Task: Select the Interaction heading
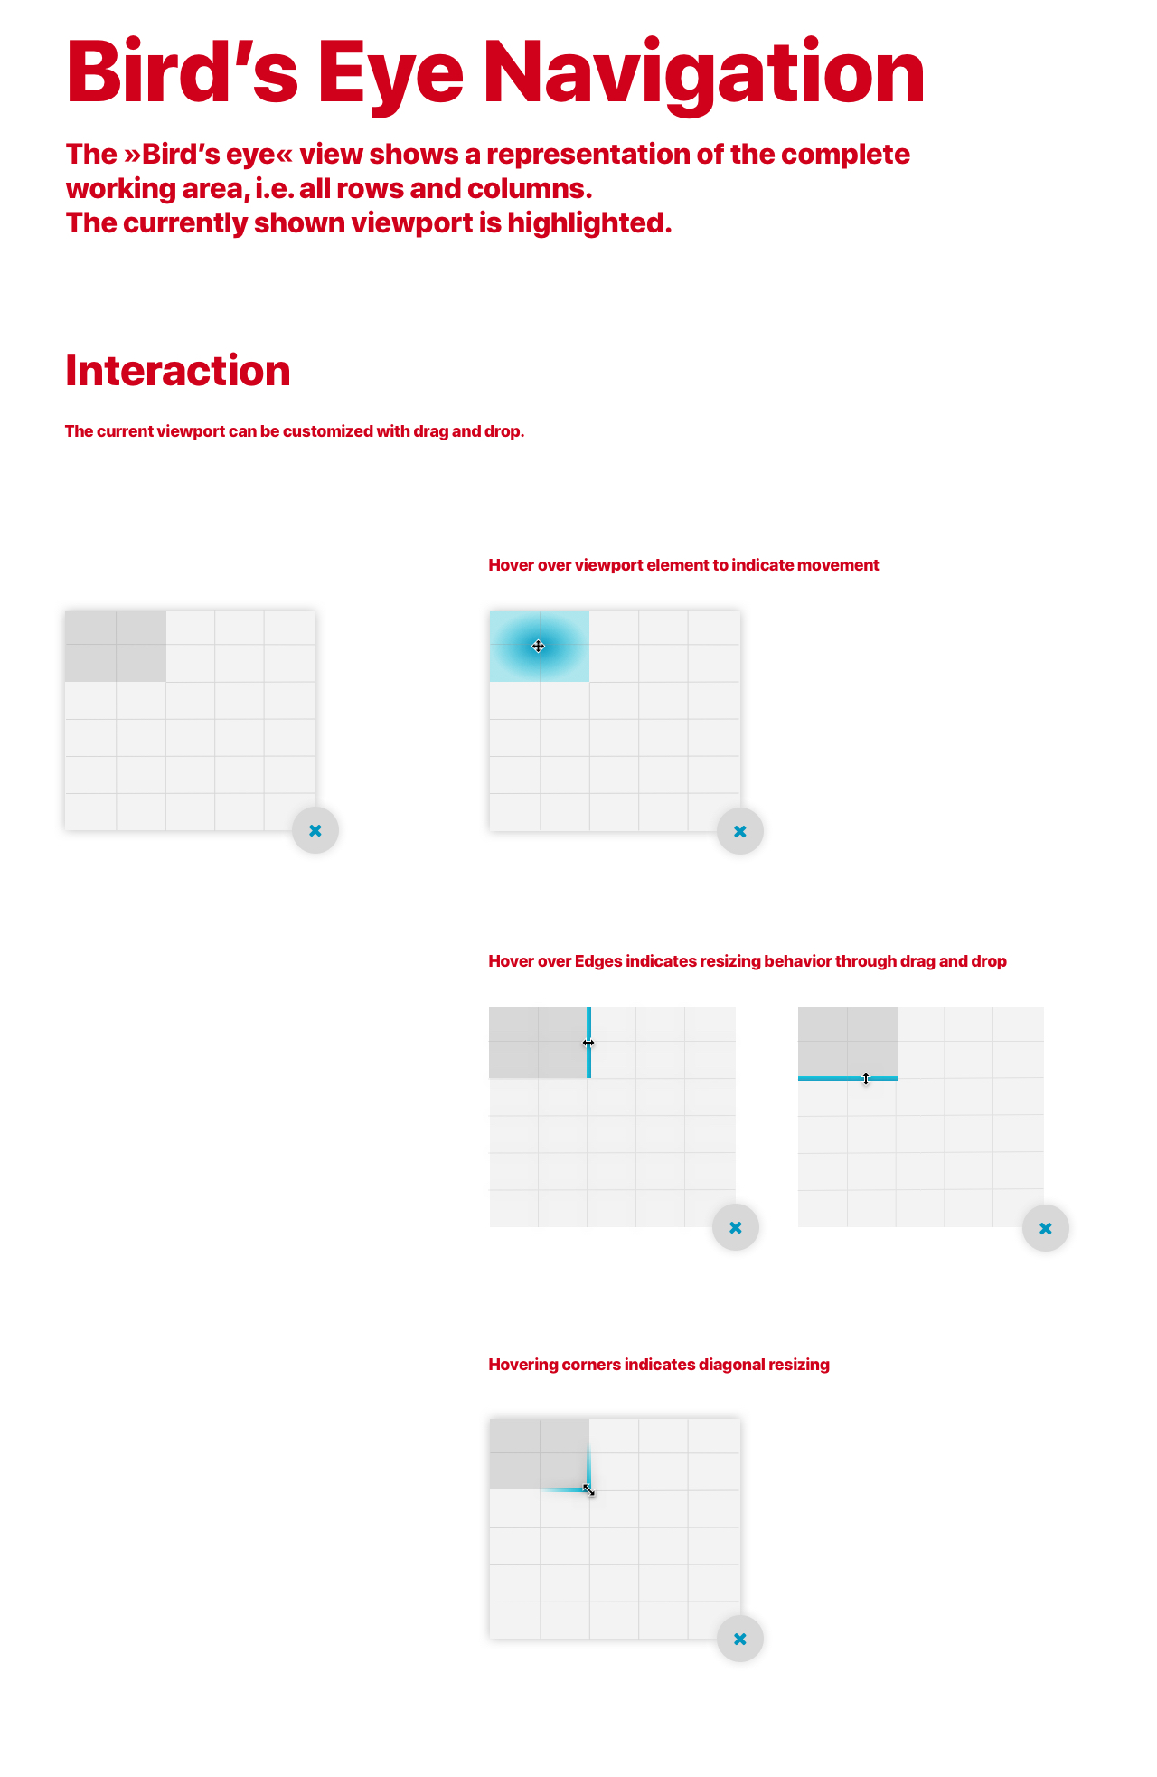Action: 178,371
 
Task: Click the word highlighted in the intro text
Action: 589,222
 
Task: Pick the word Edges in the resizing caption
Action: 598,961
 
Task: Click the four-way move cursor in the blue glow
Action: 538,647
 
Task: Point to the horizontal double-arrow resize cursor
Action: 588,1043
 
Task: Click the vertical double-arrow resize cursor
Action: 866,1079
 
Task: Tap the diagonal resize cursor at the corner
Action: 588,1489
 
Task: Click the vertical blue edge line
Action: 588,1043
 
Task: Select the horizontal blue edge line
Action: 848,1078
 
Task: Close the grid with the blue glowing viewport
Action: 740,831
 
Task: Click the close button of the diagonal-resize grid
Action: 740,1639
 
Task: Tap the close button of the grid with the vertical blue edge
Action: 736,1227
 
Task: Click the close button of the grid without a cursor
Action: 315,830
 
